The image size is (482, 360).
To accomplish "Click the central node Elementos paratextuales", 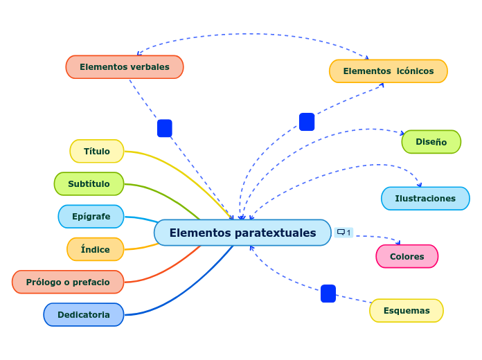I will click(242, 233).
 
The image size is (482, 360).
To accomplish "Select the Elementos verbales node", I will click(125, 67).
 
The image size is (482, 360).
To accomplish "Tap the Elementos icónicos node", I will click(388, 71).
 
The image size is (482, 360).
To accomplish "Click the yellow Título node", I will click(97, 151).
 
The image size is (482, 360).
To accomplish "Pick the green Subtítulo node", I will click(89, 184).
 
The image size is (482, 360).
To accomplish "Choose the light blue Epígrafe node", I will click(91, 217).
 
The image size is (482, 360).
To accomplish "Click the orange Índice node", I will click(96, 249).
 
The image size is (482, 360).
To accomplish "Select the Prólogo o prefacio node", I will click(68, 282).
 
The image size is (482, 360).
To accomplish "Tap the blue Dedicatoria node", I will click(84, 314).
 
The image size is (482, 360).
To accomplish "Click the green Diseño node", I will click(431, 142).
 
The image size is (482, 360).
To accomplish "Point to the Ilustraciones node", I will click(425, 199).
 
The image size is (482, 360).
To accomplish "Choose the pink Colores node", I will click(407, 257).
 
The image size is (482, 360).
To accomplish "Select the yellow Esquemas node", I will click(407, 311).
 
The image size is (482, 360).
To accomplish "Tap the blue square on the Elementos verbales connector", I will click(165, 128).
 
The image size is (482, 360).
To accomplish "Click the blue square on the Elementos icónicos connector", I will click(307, 122).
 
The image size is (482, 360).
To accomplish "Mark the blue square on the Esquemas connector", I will click(328, 294).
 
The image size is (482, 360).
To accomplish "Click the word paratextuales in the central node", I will click(275, 233).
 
